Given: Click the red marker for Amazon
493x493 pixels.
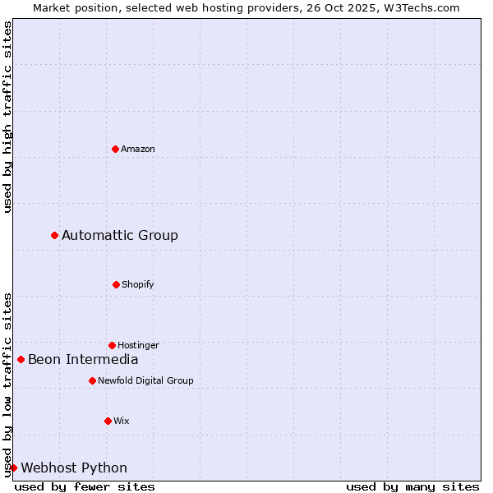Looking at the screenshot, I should (115, 149).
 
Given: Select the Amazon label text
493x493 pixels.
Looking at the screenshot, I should (138, 149).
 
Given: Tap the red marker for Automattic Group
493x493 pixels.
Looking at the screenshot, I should (54, 235).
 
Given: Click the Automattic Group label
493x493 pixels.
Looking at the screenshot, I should (120, 236).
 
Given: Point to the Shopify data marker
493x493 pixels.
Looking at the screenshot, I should (116, 284).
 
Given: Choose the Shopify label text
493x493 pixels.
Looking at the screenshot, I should (138, 284).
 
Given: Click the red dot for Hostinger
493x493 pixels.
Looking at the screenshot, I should (112, 345).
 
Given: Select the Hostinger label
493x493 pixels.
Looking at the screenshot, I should (138, 345).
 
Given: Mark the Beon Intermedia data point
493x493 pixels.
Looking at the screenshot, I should (21, 359).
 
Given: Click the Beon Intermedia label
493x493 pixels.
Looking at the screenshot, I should (83, 359).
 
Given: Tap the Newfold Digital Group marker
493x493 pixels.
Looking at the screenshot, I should (92, 380).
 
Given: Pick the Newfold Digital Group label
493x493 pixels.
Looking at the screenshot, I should (145, 380).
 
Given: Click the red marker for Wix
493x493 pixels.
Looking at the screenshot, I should (108, 421).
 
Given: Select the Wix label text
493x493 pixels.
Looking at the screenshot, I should (122, 421).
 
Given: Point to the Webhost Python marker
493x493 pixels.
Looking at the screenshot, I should (13, 468).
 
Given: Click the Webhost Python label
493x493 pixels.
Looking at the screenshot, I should (74, 468).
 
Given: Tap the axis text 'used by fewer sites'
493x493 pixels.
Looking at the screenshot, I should (85, 486).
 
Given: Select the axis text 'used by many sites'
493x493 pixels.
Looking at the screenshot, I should (412, 486).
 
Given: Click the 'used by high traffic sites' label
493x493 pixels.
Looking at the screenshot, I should (7, 117).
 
